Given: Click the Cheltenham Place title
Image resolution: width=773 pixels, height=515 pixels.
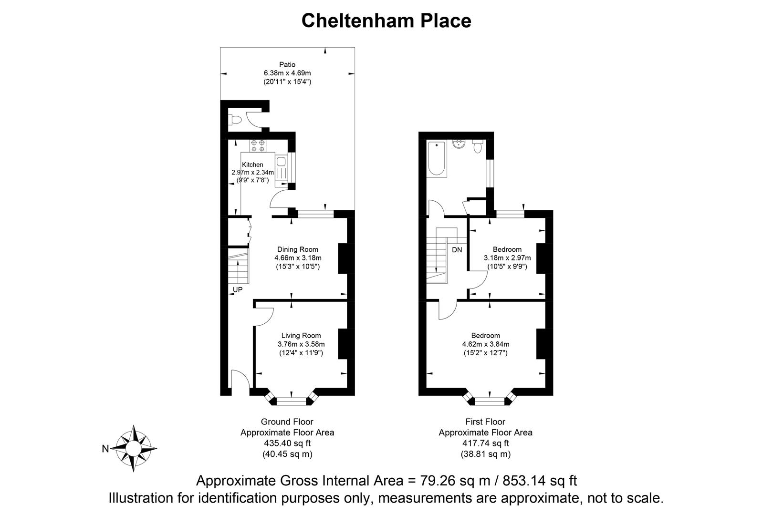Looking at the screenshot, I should point(386,21).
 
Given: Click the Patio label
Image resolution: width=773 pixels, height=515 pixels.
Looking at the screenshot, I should point(287,64).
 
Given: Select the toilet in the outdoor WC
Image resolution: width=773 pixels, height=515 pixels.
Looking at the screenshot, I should point(234,120).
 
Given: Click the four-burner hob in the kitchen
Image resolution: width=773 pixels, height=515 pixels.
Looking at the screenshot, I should point(258,145).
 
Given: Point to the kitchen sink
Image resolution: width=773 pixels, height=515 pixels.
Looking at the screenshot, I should point(281,162).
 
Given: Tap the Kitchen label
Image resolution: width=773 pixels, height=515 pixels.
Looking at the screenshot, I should point(252,165).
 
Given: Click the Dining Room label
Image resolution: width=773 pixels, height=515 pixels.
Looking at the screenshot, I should point(298,249).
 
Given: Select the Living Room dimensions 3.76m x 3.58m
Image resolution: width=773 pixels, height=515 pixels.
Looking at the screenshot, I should point(301,344).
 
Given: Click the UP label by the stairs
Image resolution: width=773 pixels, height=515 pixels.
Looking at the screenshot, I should point(238,289).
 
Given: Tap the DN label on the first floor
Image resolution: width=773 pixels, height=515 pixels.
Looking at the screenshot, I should point(457,250).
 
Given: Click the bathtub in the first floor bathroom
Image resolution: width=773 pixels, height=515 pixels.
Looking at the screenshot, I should point(437,159).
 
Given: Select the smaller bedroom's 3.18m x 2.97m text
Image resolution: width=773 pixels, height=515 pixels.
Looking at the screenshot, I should point(507,258).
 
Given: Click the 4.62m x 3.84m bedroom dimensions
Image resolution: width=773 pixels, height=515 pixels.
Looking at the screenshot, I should point(485,344).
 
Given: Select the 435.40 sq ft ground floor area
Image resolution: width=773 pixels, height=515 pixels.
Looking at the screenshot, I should point(287,443).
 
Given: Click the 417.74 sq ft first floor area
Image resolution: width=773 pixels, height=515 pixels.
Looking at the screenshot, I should point(485,443).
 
